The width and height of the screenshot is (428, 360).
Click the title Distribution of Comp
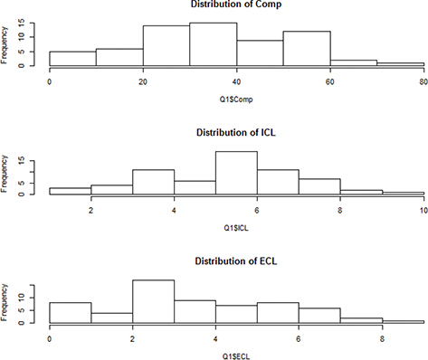237,5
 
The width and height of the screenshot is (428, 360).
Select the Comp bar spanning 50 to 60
308,49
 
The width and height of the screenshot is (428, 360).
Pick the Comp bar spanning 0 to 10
72,58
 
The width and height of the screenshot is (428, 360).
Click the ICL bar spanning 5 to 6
237,173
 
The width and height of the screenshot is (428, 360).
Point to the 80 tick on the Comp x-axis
424,81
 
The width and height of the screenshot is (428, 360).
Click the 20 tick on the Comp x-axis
143,81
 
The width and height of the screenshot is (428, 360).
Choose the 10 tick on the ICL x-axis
424,210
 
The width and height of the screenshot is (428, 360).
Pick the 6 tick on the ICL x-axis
258,210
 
